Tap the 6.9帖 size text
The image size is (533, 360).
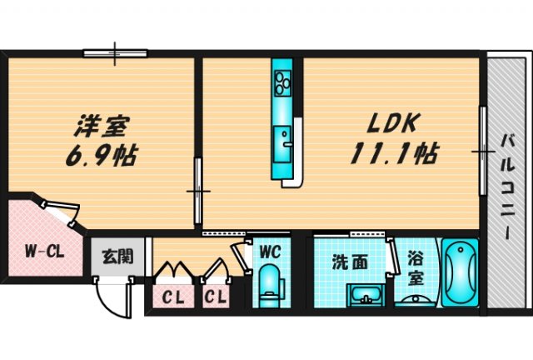click(102, 156)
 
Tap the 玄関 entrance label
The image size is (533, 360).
click(114, 257)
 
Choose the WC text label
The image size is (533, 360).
click(268, 251)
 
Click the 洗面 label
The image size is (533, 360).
click(350, 261)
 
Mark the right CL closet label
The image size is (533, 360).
click(216, 296)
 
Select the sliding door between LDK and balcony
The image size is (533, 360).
click(482, 151)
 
